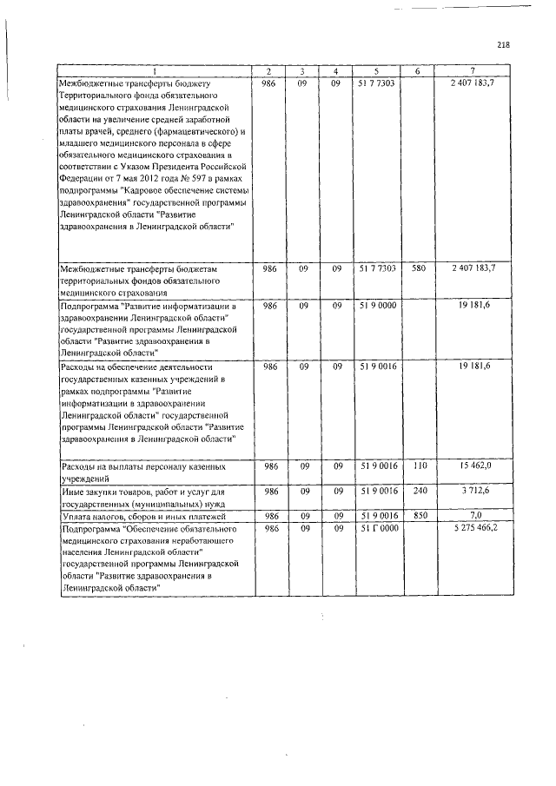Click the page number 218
(503, 45)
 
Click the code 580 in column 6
(418, 269)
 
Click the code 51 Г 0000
(377, 528)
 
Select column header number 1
(155, 70)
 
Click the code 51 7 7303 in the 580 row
(377, 269)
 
